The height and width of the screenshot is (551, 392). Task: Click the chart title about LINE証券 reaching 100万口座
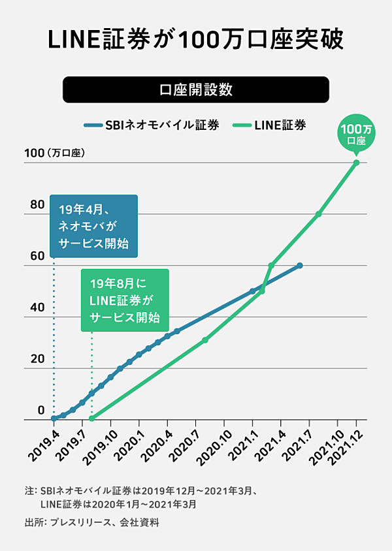196,40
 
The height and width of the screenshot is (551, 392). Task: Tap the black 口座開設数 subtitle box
196,89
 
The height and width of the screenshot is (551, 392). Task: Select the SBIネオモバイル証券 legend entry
151,125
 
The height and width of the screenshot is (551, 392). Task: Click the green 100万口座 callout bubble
356,134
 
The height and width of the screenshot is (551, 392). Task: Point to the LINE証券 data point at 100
356,162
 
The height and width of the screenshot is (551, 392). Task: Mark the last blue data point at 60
300,265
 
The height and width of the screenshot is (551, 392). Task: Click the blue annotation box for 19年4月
93,226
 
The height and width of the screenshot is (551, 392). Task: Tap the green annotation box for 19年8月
124,300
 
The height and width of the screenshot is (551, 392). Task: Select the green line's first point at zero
91,418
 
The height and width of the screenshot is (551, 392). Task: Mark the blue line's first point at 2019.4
54,418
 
